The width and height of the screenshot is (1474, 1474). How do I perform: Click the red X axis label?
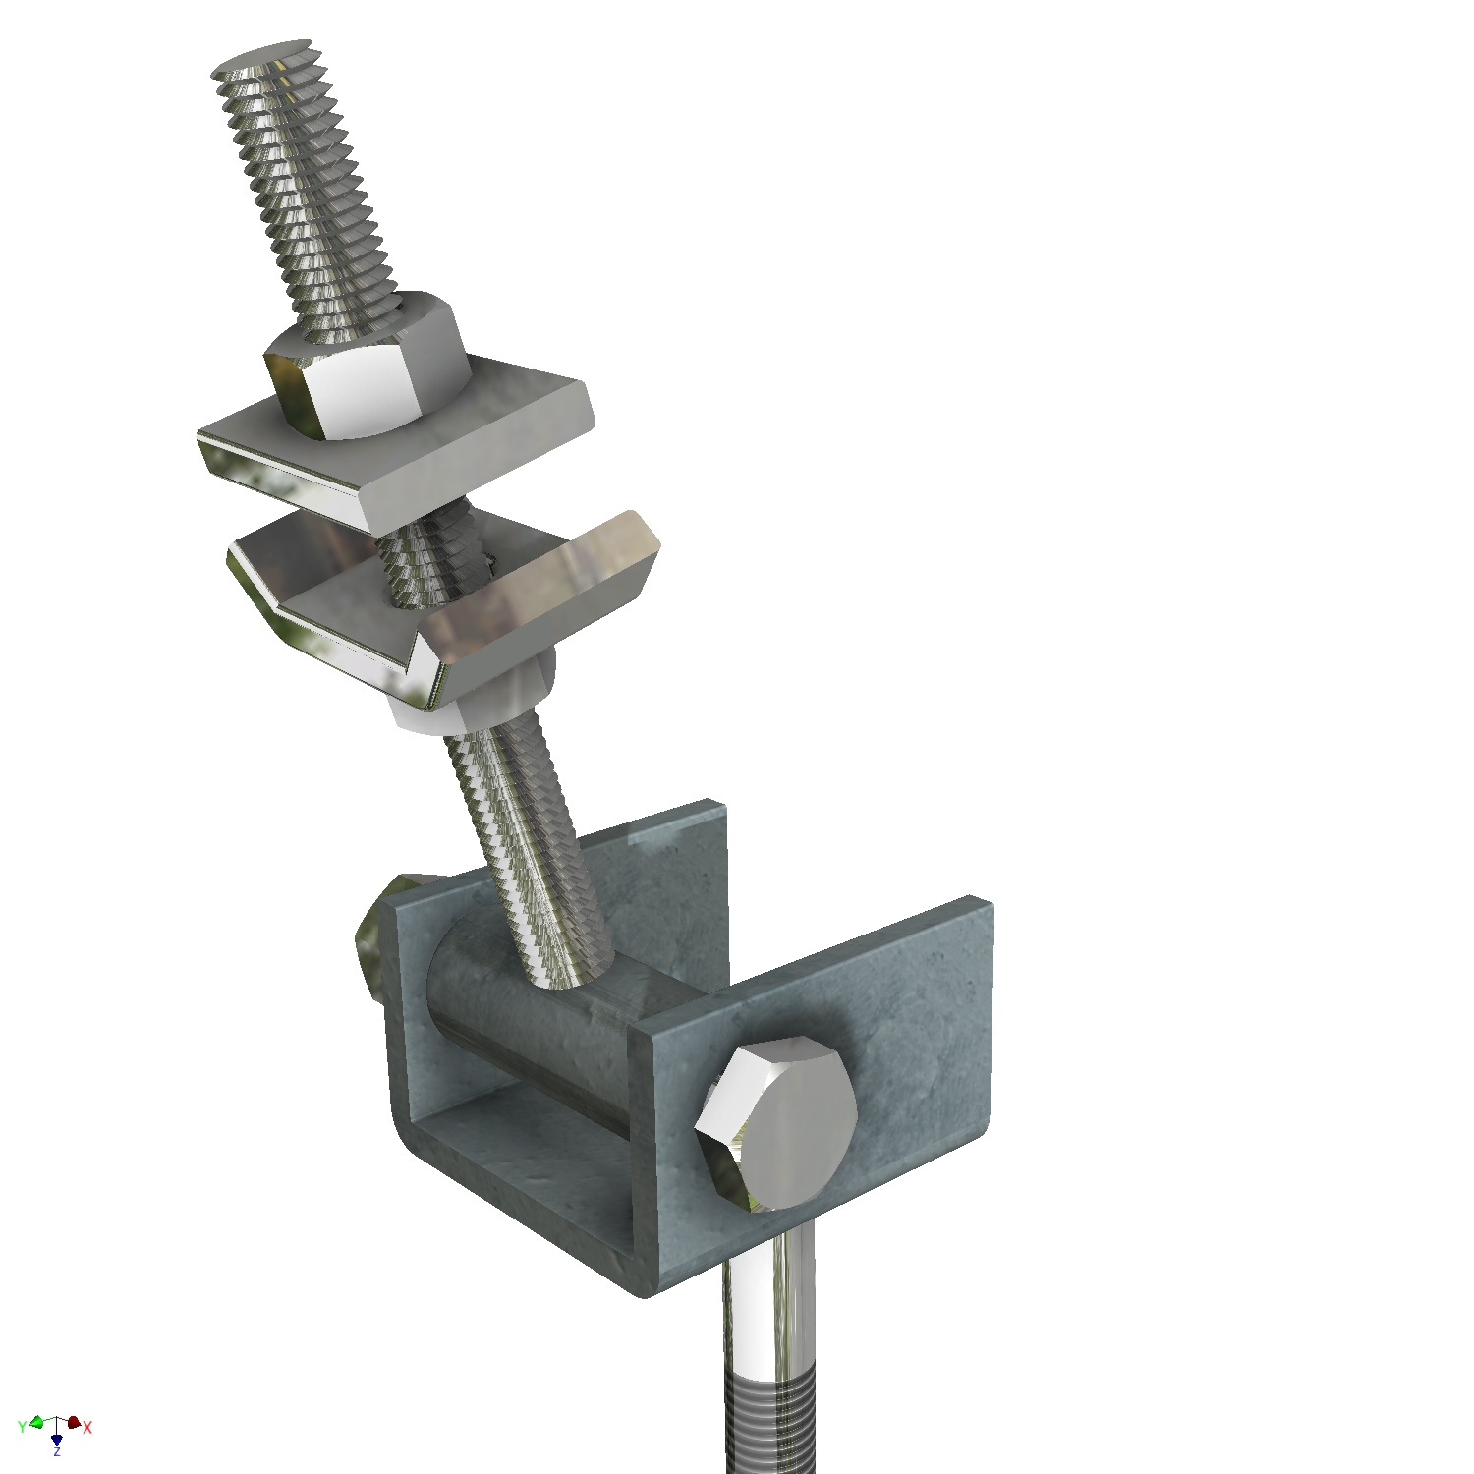[87, 1427]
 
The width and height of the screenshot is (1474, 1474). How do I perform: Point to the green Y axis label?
[22, 1427]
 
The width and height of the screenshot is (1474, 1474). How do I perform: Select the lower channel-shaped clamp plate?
[442, 599]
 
